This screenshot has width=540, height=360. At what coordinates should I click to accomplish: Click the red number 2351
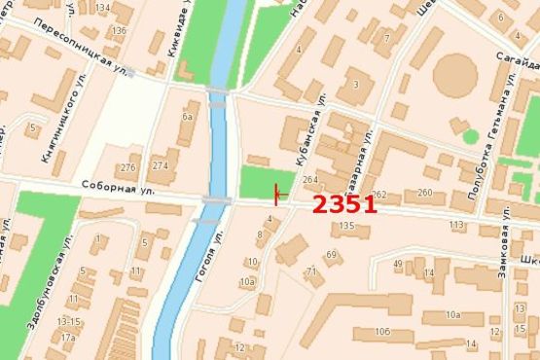click(x=343, y=205)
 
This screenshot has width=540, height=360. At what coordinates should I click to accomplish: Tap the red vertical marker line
click(x=276, y=194)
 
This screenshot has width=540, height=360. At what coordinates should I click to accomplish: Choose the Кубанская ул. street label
click(x=310, y=140)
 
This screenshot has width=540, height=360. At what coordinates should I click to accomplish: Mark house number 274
click(x=160, y=165)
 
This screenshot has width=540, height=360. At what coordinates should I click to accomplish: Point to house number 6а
click(x=188, y=118)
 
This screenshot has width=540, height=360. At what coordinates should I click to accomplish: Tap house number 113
click(x=456, y=226)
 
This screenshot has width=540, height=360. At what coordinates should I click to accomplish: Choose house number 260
click(x=424, y=193)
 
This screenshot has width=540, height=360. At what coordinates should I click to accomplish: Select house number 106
click(x=382, y=333)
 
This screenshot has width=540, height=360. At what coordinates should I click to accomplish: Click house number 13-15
click(x=68, y=321)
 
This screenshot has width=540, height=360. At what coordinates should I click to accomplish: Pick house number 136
click(x=120, y=30)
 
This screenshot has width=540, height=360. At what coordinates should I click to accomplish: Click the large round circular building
click(x=454, y=75)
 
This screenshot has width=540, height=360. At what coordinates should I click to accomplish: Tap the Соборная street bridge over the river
click(x=216, y=200)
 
